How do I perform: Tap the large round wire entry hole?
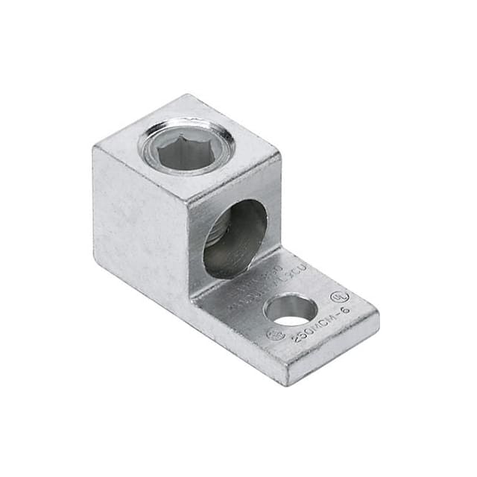(x=234, y=238)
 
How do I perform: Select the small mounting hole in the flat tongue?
(x=290, y=309)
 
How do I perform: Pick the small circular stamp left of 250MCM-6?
(x=276, y=335)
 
